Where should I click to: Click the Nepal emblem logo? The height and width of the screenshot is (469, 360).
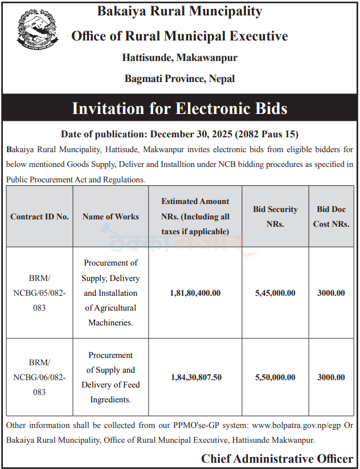(x=38, y=31)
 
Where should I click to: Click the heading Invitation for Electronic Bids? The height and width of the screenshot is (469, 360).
(x=179, y=108)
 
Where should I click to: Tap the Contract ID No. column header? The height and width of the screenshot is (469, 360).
(x=39, y=217)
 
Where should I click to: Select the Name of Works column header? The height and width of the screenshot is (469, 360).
(x=111, y=217)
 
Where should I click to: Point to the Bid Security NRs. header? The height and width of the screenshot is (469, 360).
(x=275, y=217)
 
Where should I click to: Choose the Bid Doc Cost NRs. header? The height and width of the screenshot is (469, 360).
(x=331, y=217)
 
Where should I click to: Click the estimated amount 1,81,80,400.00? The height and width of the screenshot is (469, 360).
(x=195, y=293)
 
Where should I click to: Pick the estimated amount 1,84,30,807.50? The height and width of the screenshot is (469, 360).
(x=195, y=377)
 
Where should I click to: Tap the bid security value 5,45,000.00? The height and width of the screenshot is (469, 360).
(x=275, y=293)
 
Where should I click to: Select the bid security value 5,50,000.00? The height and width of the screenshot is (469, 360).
(x=275, y=377)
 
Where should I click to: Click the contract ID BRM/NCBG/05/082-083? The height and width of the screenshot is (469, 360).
(x=39, y=293)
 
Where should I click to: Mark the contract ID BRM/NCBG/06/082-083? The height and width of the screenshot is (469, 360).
(x=39, y=377)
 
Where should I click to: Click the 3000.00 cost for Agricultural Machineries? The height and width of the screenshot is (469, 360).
(x=331, y=293)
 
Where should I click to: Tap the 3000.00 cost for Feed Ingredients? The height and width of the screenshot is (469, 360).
(x=331, y=377)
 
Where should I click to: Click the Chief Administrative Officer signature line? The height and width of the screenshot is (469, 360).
(x=277, y=459)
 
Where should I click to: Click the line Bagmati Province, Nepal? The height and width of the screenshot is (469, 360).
(x=179, y=79)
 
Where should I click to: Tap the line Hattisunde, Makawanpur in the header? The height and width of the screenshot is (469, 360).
(x=179, y=58)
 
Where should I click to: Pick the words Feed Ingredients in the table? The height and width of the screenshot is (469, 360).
(x=111, y=392)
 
